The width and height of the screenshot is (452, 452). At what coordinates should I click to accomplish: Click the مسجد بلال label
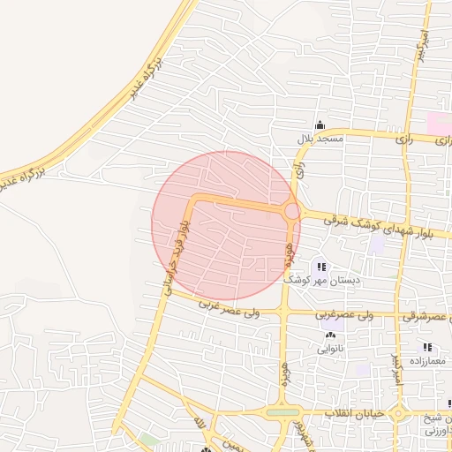point(320,139)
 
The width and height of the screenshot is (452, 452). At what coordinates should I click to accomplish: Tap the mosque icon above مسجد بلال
point(320,125)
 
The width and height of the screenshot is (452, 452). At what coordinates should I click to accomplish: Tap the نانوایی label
point(330,348)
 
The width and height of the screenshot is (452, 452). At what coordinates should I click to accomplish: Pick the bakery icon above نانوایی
point(331,335)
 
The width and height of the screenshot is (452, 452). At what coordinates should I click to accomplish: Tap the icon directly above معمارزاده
point(428,349)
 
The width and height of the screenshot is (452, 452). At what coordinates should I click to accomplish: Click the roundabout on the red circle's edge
point(291,212)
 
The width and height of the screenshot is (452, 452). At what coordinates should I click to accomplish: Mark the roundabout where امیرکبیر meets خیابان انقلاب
point(398,413)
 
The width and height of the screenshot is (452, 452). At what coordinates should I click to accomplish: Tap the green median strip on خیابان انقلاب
point(282,412)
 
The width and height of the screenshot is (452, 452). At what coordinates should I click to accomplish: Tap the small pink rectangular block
point(439,123)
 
